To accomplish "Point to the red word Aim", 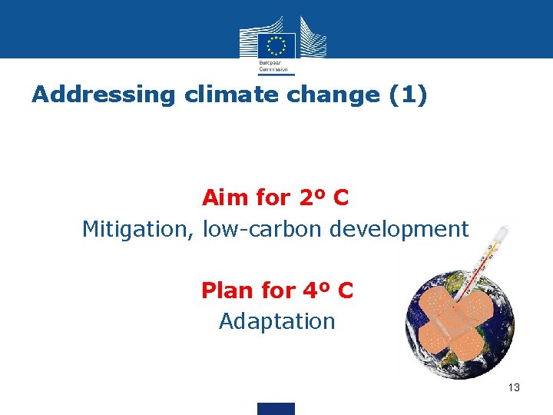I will (226, 198).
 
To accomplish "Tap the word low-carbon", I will (263, 229).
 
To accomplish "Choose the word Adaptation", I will (277, 321).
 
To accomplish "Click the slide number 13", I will (514, 387).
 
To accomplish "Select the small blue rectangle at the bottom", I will (276, 408).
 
